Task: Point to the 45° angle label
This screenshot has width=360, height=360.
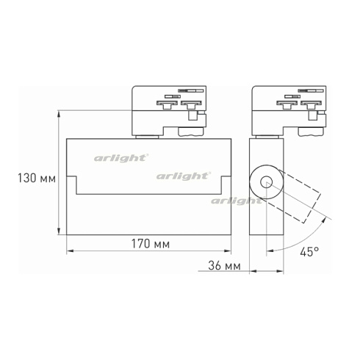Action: (309, 252)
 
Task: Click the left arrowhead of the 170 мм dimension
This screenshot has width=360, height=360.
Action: (69, 251)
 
